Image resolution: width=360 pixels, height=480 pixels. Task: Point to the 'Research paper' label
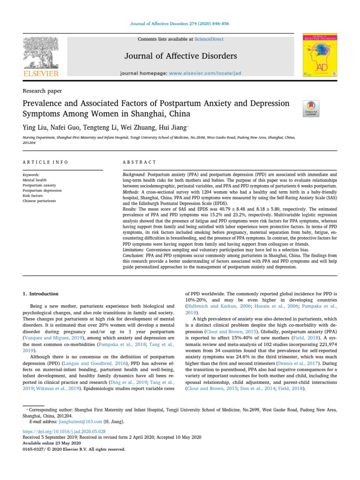(42, 91)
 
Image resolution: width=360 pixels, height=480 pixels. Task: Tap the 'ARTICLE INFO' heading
(45, 162)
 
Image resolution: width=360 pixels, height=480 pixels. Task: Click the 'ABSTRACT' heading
(139, 162)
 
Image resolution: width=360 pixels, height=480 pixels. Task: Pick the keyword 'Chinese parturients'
(39, 201)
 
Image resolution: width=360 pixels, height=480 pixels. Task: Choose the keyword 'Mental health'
(34, 180)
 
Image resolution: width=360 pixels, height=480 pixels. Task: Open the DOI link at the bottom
(64, 431)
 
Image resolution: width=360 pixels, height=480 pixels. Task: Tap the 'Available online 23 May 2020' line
(52, 443)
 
